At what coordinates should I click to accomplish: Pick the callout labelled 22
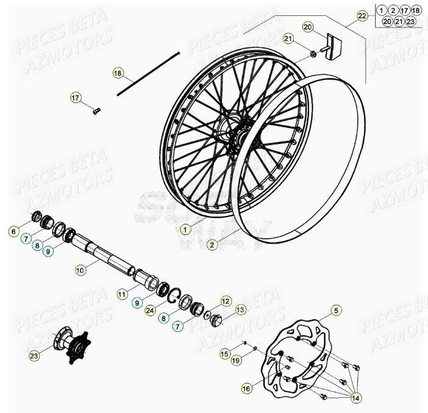point(363,15)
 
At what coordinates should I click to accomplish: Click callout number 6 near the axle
point(13,231)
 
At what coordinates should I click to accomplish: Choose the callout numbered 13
point(240,310)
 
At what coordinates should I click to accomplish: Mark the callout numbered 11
point(123,294)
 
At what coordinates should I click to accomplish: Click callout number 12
point(226,301)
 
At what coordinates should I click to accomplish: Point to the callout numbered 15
point(225,353)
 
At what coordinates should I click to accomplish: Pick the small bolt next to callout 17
point(96,110)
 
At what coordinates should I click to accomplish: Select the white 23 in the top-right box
point(411,21)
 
